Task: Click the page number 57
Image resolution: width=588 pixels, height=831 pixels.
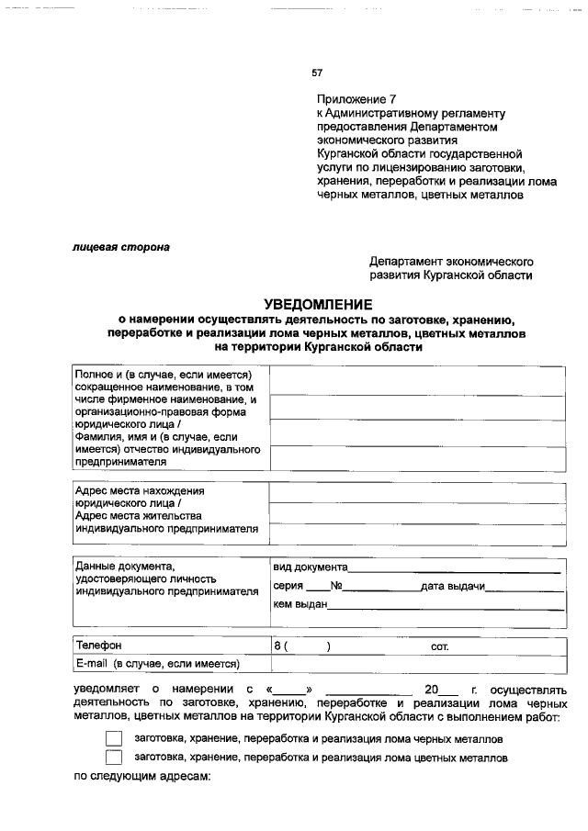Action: [x=317, y=73]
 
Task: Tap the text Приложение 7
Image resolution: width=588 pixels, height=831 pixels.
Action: [x=356, y=98]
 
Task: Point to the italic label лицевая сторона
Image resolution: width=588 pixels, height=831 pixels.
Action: [x=121, y=246]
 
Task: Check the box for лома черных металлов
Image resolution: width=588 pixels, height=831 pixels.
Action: [x=114, y=738]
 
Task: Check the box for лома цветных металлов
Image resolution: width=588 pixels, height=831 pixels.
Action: [x=114, y=758]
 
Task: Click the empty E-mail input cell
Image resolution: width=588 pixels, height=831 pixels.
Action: [x=418, y=663]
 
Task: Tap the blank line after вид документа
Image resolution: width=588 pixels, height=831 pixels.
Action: [x=455, y=567]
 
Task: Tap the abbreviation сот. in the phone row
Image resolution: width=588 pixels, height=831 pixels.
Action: [x=439, y=646]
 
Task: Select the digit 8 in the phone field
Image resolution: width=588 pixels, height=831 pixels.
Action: [x=277, y=646]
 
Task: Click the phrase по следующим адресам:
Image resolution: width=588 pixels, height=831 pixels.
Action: [x=142, y=778]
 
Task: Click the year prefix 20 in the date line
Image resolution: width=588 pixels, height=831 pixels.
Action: [x=432, y=690]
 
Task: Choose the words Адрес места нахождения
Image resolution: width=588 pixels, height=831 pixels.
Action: [x=139, y=491]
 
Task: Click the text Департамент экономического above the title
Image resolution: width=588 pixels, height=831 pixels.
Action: [x=451, y=261]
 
